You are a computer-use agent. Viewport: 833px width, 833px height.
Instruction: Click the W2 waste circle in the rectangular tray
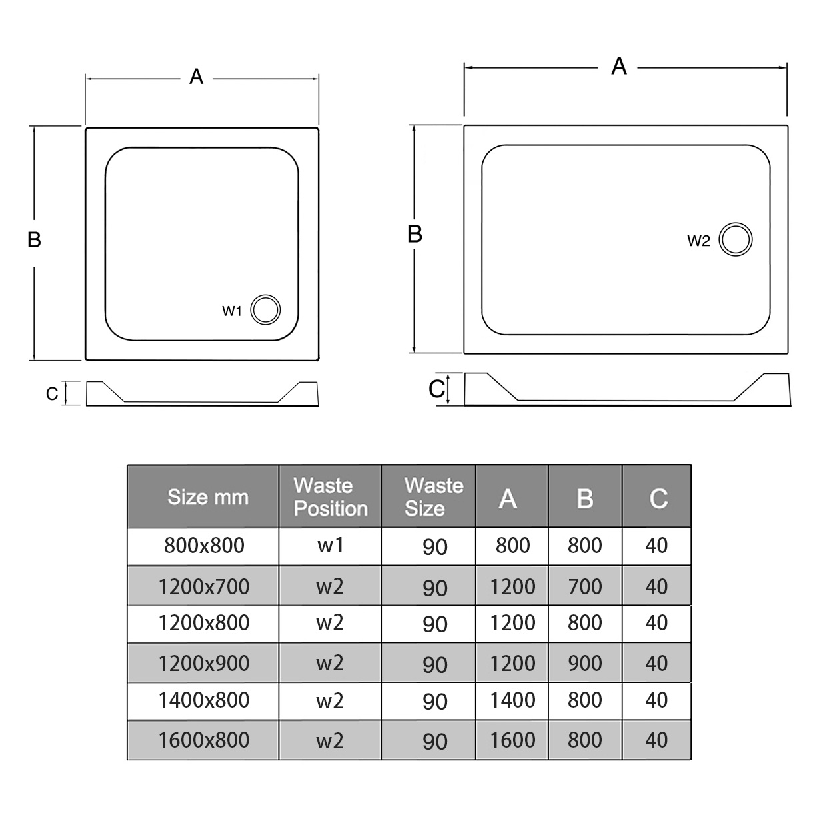tap(720, 239)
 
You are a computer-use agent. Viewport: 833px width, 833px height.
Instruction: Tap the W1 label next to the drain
tap(232, 311)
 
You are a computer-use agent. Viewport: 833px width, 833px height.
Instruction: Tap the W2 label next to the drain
tap(698, 241)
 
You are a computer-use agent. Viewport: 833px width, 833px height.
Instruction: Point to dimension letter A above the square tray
tap(196, 77)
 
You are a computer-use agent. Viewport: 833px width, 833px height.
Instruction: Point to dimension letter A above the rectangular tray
tap(619, 67)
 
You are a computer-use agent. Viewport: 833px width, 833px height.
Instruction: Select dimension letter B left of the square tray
tap(34, 239)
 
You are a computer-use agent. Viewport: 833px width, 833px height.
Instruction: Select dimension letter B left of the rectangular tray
tap(415, 235)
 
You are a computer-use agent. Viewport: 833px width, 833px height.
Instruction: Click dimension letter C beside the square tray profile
tap(52, 394)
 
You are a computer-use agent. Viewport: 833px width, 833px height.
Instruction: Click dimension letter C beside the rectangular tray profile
tap(436, 389)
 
